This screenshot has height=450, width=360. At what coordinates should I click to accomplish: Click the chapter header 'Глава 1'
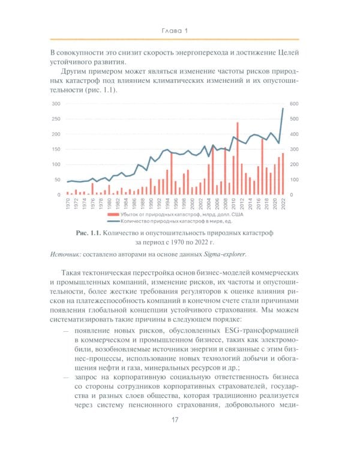point(180,30)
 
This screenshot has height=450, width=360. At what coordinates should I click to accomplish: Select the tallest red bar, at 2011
point(238,159)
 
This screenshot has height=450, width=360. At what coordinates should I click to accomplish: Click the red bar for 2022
point(283,174)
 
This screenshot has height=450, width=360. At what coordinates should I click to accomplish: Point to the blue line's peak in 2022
point(283,109)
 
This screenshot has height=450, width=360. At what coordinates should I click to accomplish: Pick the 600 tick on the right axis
point(295,104)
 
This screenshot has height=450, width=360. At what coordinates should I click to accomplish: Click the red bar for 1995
point(172,174)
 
